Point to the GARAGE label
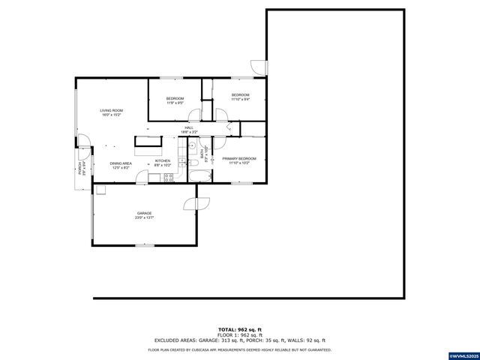(x=144, y=213)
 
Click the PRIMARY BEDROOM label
(x=239, y=158)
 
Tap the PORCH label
(x=79, y=168)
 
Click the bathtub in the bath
(x=201, y=177)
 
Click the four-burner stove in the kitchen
(x=169, y=178)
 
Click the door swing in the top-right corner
(x=259, y=66)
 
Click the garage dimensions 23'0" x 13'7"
(x=144, y=217)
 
